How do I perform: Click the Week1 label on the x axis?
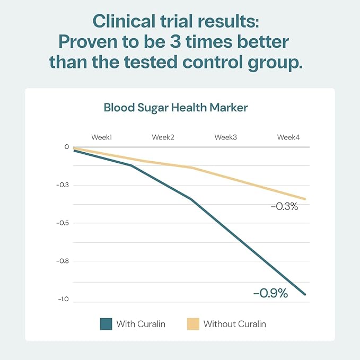(101, 137)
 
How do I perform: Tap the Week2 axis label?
(163, 137)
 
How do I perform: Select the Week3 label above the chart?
(225, 137)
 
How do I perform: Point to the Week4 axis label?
(288, 137)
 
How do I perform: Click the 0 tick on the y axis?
(67, 147)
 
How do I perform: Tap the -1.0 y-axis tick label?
(64, 299)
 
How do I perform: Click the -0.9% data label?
(270, 293)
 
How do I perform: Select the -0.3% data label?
(284, 206)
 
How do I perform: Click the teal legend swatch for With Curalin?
(106, 324)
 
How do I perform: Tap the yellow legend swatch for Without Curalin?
(193, 324)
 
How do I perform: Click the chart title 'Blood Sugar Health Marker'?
(175, 108)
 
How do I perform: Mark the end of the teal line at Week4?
(305, 294)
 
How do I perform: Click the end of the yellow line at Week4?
(305, 199)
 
